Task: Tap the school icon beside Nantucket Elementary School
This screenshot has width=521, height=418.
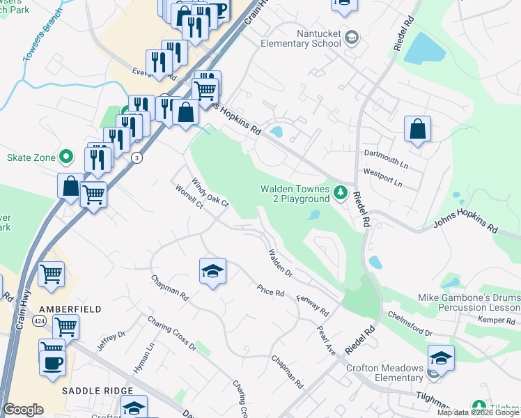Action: click(x=352, y=37)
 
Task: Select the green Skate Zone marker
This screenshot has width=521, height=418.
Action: click(x=67, y=157)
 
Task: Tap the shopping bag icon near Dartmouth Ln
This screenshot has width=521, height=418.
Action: click(x=417, y=130)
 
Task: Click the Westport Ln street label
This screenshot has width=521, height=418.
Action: click(x=382, y=177)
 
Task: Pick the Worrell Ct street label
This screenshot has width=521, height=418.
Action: click(x=189, y=196)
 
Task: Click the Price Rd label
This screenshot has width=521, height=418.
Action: click(x=270, y=291)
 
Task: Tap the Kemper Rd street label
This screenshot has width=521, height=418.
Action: click(x=495, y=319)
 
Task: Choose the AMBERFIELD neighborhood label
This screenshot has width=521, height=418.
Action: click(x=70, y=309)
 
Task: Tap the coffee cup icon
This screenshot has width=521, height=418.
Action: click(x=52, y=362)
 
